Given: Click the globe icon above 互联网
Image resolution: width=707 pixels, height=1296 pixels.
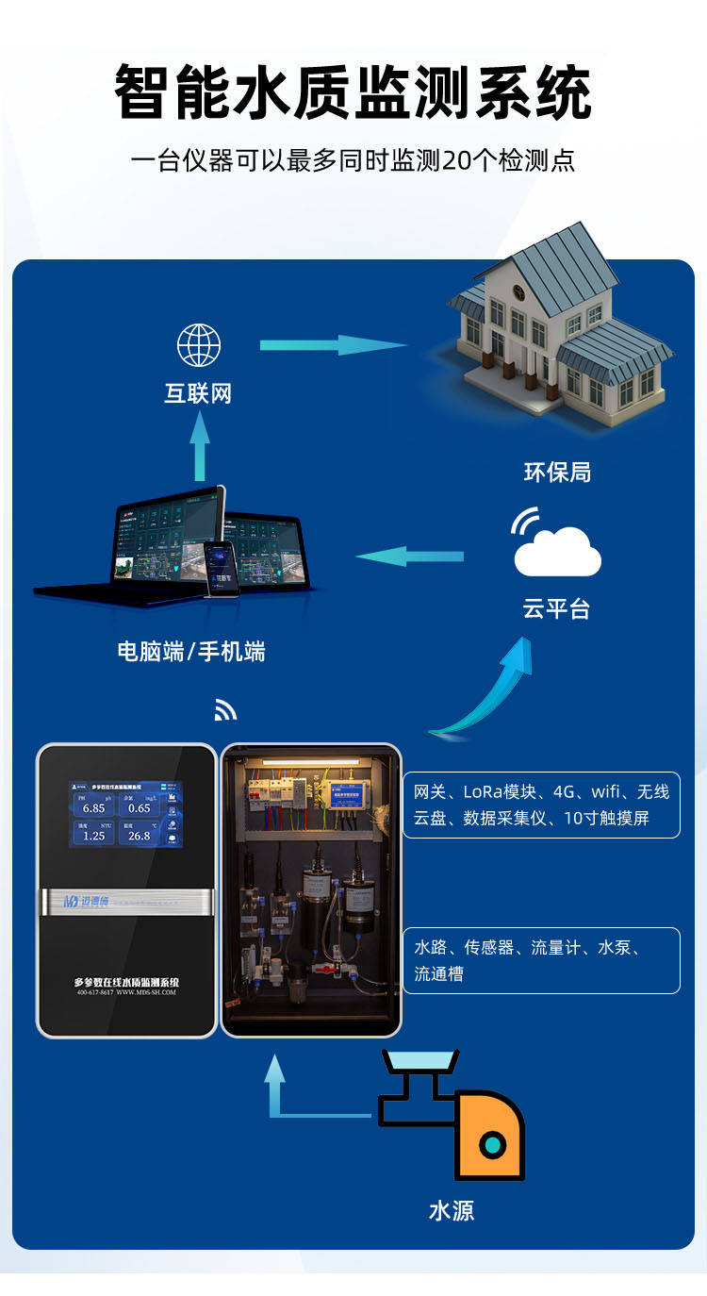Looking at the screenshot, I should [x=199, y=345].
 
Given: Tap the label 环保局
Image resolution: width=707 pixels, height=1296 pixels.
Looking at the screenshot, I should [x=557, y=472].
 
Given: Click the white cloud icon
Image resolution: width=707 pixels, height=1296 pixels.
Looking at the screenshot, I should [x=557, y=551].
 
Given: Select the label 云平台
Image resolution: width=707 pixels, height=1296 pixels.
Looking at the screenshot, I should [x=556, y=609].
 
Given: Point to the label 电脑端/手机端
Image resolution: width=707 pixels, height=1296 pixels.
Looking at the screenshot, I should [x=191, y=651].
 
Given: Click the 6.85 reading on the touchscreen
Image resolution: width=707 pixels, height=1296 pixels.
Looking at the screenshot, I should [x=93, y=808].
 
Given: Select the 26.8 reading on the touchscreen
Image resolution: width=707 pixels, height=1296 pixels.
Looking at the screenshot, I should [x=140, y=836].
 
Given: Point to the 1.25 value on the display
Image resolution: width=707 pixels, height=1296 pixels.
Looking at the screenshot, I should [x=93, y=836].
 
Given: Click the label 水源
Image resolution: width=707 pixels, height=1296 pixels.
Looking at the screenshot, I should [x=452, y=1211].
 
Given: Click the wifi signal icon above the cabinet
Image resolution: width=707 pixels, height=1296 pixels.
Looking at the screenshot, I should [x=225, y=710].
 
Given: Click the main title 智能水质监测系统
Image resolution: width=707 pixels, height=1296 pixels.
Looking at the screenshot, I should [x=353, y=92].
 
